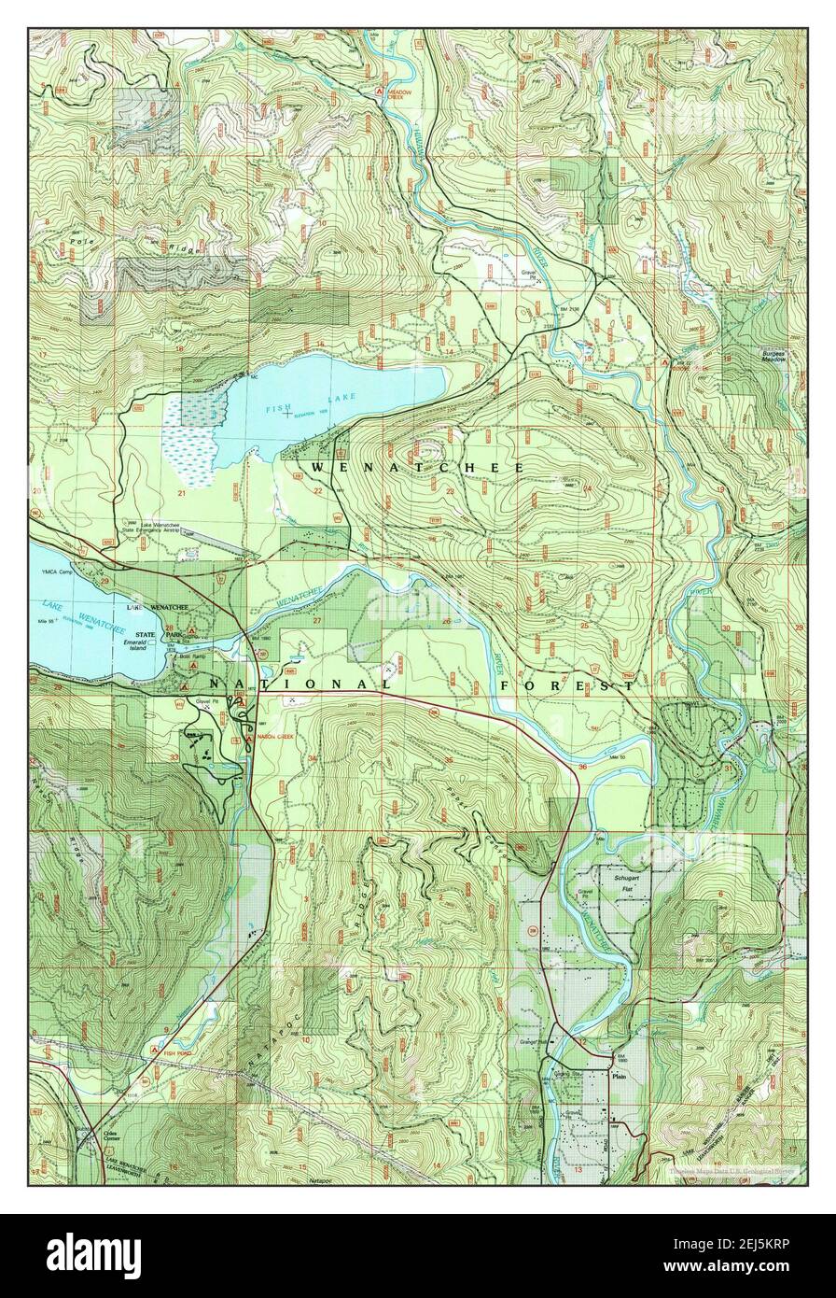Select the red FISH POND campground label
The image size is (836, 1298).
click(x=180, y=1052)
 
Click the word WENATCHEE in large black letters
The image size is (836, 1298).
click(x=417, y=466)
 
